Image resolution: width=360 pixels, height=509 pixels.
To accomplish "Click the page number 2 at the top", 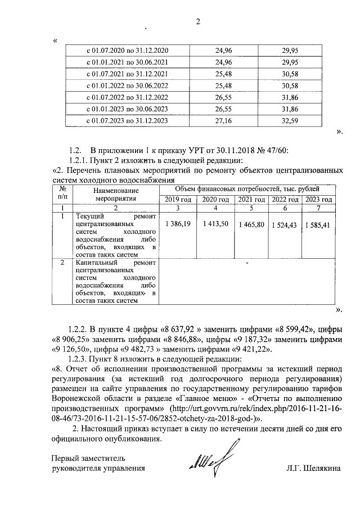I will coord(198,22).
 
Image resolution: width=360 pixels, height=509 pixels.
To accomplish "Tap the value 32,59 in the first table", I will coord(289,121).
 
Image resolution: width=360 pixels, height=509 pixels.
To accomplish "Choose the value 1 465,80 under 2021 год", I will coord(250,225).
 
